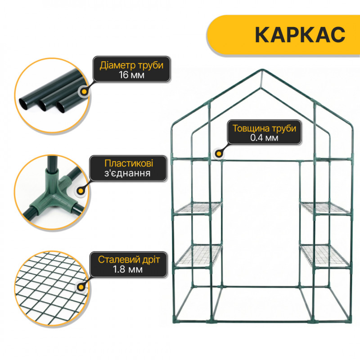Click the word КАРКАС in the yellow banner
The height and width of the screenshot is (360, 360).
point(300,35)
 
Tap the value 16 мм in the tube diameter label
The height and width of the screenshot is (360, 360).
point(131,75)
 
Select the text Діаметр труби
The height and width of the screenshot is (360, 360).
point(131,65)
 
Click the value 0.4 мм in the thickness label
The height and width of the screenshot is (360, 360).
point(264,138)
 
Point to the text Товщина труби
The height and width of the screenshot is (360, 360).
point(264,128)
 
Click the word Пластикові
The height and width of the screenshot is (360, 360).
point(129,163)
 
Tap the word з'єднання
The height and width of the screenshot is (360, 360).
point(127,173)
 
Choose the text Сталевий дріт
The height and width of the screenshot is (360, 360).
point(129,260)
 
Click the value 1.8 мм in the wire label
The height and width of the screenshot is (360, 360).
point(128,269)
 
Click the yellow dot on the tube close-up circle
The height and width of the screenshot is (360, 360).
point(85,92)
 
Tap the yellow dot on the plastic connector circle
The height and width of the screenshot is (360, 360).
point(81,191)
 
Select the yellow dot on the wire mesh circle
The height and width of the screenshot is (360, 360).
point(81,288)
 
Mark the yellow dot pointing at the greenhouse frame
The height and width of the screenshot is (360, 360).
point(219,153)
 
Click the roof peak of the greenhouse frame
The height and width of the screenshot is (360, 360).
point(261,70)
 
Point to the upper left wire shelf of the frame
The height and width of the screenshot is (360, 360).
point(198,208)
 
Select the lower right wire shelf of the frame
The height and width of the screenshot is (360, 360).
point(325,256)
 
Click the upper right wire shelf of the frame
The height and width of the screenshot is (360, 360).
point(325,208)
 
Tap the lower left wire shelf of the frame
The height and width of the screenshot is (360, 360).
point(198,256)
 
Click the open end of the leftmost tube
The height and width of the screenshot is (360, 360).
point(23,104)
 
